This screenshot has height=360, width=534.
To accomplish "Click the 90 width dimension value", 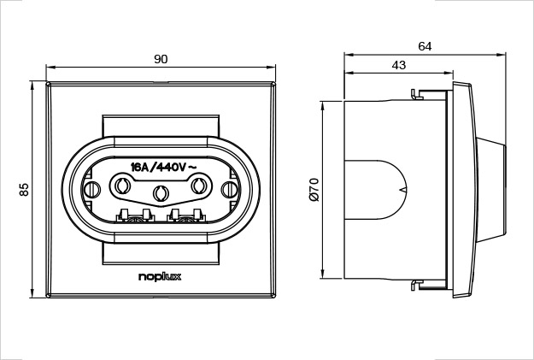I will pyautogui.click(x=161, y=58).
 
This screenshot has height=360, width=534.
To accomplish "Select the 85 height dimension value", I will pyautogui.click(x=25, y=190).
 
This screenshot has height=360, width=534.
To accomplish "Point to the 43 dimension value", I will pyautogui.click(x=398, y=65).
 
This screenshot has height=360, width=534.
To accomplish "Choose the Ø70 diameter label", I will pyautogui.click(x=314, y=189).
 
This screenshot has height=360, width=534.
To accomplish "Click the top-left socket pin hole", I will pyautogui.click(x=121, y=184).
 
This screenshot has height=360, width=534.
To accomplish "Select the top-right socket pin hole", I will pyautogui.click(x=200, y=184).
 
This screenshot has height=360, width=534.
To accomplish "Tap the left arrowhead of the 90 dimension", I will pyautogui.click(x=50, y=67).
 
